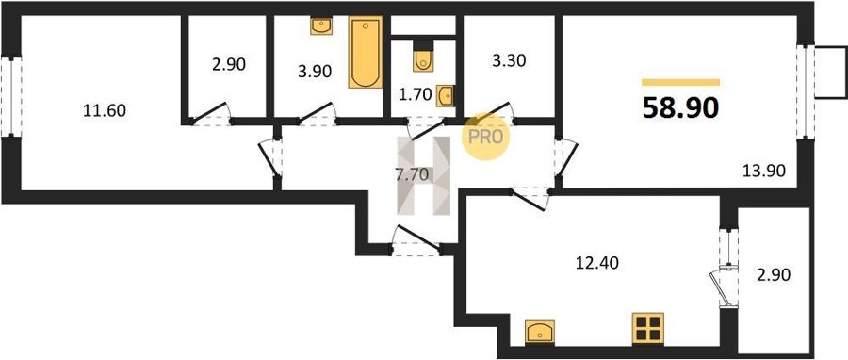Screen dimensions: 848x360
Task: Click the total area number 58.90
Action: pyautogui.click(x=680, y=108)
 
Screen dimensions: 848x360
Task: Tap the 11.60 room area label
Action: pyautogui.click(x=105, y=111)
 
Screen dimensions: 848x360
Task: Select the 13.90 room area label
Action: pyautogui.click(x=763, y=171)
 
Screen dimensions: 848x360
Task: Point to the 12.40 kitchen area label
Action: pyautogui.click(x=597, y=263)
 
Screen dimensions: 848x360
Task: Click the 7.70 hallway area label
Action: pyautogui.click(x=414, y=174)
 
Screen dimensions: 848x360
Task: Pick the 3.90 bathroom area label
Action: pyautogui.click(x=315, y=71)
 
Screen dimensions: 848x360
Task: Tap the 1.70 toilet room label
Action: pyautogui.click(x=415, y=95)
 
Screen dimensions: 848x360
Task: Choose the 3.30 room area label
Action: pyautogui.click(x=509, y=61)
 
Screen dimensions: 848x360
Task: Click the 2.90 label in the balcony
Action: pyautogui.click(x=774, y=275)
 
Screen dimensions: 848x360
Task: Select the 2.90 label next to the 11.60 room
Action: pyautogui.click(x=229, y=65)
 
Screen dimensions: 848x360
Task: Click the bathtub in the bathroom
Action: pyautogui.click(x=366, y=52)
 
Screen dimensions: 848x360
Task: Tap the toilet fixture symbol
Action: pyautogui.click(x=423, y=57)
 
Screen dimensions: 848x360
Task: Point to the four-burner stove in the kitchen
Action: pyautogui.click(x=648, y=328)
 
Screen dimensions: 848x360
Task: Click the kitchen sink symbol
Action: pyautogui.click(x=540, y=331)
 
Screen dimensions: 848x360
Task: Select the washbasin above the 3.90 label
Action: pyautogui.click(x=321, y=25)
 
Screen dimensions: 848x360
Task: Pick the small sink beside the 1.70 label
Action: pyautogui.click(x=446, y=96)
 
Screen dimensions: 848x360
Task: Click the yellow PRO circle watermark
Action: pyautogui.click(x=485, y=137)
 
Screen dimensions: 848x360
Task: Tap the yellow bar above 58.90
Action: pyautogui.click(x=681, y=82)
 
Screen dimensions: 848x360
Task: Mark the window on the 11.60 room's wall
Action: pyautogui.click(x=11, y=97)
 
